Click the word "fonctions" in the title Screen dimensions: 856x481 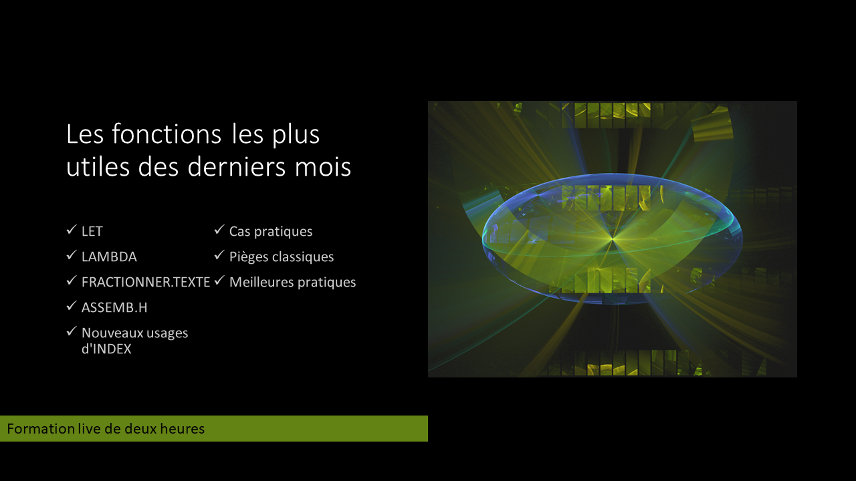coord(167,134)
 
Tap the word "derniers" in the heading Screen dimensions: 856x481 coord(236,166)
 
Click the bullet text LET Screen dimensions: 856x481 coord(92,231)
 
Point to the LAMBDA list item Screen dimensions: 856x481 coord(109,257)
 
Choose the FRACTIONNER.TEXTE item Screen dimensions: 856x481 coord(146,282)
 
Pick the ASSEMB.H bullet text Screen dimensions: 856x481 coord(114,307)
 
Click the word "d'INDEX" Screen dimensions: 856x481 coord(106,349)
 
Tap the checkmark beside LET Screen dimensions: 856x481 coord(72,229)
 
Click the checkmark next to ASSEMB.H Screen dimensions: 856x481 coord(72,305)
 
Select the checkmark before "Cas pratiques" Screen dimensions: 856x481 coord(219,229)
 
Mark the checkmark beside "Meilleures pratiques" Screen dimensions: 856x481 coord(219,280)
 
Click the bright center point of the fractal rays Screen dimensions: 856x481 coord(612,239)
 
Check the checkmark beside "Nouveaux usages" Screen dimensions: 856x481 coord(72,331)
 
